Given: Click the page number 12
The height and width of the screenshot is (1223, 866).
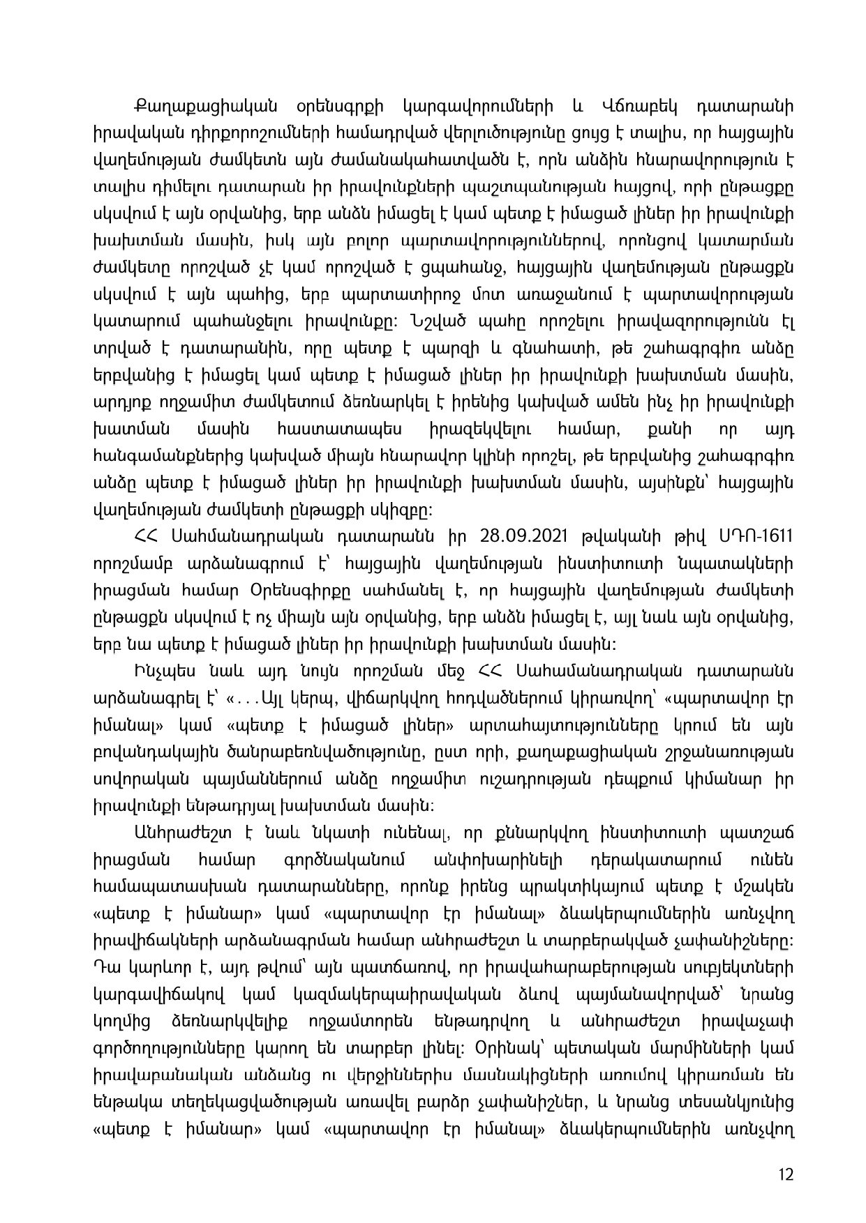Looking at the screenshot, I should [x=786, y=1175].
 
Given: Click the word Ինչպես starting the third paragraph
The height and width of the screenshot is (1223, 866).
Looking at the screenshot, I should [x=160, y=670].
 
